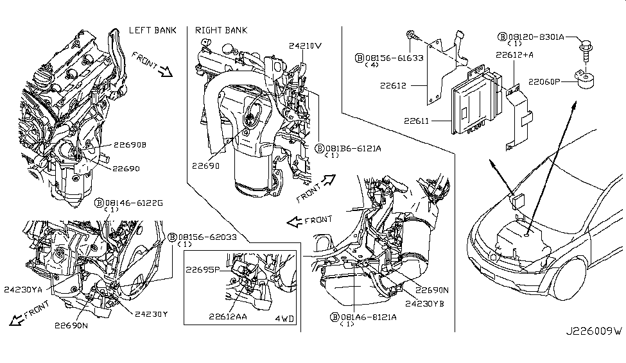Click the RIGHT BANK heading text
(x=221, y=30)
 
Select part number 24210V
(x=305, y=46)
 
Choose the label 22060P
(x=546, y=81)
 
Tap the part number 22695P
(x=203, y=270)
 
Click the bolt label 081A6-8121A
(x=368, y=316)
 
